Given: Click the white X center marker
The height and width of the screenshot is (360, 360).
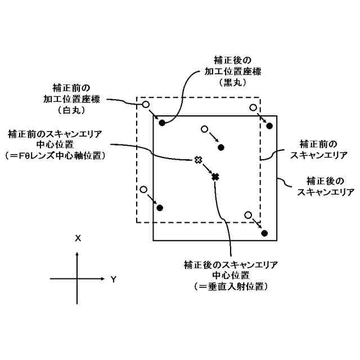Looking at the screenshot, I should [x=198, y=160].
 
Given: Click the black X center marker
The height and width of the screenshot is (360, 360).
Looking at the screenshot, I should [x=215, y=177].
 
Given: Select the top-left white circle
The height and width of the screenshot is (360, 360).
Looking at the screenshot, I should [x=145, y=105].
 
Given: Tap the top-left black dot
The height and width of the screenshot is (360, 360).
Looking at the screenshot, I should [x=162, y=122].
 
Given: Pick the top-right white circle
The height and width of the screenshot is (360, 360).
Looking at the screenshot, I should [x=254, y=107].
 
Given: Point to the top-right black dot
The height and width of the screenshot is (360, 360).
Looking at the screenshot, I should [x=270, y=125].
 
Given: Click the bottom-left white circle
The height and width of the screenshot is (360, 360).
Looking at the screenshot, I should [x=143, y=190].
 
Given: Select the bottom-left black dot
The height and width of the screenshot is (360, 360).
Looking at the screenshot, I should [x=160, y=208].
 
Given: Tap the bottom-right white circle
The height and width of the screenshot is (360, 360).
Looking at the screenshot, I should [x=248, y=214].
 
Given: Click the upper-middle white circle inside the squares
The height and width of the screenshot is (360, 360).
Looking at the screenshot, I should [x=204, y=129].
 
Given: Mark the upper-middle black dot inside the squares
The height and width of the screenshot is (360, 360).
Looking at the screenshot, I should [x=221, y=147].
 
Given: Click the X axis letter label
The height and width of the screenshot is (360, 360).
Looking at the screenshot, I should [x=78, y=238].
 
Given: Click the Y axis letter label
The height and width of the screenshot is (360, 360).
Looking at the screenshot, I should [x=113, y=279].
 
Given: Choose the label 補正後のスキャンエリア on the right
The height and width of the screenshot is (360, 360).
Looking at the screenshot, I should [x=326, y=186].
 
